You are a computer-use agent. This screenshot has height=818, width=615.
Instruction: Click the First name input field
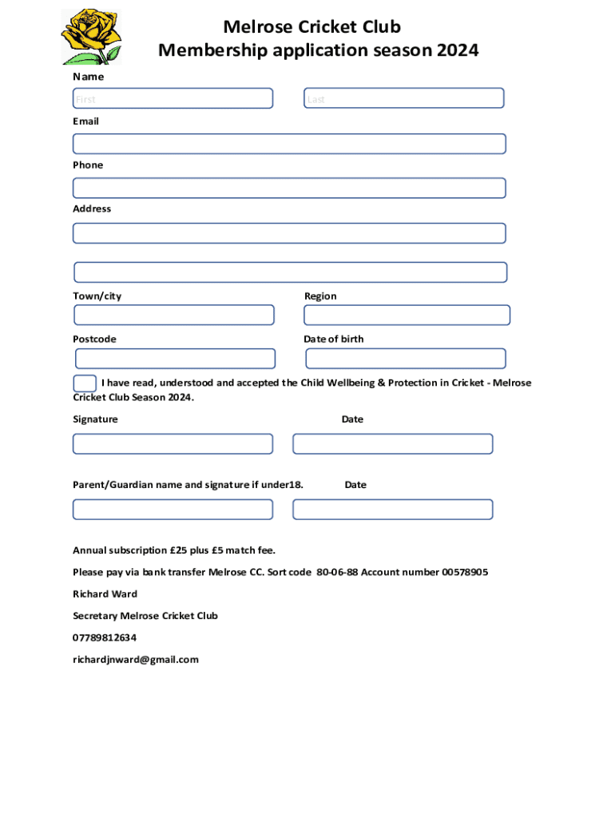coord(173,98)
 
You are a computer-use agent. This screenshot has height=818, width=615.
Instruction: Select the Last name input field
coord(403,98)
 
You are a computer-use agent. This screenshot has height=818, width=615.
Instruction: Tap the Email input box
coord(289,144)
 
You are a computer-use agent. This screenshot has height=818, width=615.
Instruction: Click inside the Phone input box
coord(289,188)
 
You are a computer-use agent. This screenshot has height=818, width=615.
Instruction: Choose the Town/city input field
coord(173,315)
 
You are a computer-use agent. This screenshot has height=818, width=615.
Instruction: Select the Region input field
coord(407,315)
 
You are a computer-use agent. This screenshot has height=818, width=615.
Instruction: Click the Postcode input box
coord(175,359)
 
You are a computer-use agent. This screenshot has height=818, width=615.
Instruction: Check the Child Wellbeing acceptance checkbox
coord(85,383)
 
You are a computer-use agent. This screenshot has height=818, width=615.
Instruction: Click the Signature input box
coord(173,443)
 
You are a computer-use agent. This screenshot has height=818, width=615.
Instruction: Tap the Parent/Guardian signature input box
coord(173,509)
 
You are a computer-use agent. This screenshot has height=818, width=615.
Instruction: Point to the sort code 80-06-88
coord(337,572)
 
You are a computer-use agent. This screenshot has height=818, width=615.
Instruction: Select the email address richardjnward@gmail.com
coord(136,659)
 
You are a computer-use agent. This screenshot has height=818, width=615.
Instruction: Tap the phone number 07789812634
coord(105,637)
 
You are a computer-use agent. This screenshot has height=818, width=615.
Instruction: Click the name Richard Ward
coord(105,594)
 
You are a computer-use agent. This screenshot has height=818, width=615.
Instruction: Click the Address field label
coord(92,208)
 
